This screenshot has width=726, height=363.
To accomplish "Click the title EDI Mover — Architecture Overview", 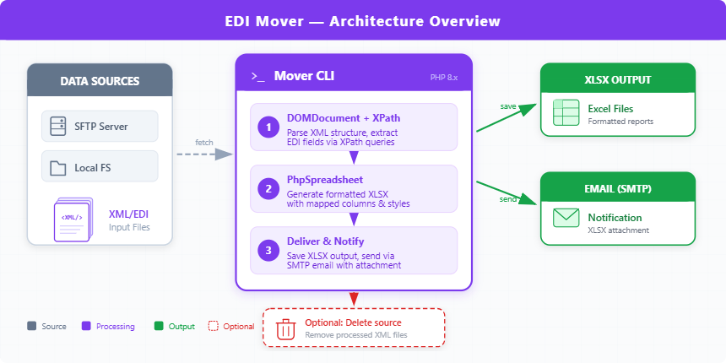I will tap(362, 21).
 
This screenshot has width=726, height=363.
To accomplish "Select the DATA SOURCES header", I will tap(100, 81).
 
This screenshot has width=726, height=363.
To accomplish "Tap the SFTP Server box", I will tap(100, 127).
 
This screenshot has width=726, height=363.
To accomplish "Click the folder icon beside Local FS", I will tap(58, 167).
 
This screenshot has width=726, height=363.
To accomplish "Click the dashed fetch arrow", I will tap(203, 154).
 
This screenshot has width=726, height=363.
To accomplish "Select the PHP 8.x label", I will tap(443, 77).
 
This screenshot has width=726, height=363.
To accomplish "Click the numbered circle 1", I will tap(268, 127).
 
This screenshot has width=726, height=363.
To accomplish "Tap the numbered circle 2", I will tap(268, 189).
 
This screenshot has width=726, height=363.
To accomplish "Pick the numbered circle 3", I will tap(268, 251).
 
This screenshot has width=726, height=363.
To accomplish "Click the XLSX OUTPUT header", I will tap(617, 80).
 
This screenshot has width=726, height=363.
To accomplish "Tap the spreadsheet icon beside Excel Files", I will tap(565, 113).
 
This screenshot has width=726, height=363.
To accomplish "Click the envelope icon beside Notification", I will tap(565, 218).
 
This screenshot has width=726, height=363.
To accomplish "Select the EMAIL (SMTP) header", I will tap(617, 189).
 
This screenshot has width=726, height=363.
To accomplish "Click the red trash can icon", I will tap(286, 328).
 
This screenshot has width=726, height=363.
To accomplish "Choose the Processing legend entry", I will tap(107, 326).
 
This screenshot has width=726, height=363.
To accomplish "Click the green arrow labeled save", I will tap(507, 117).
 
